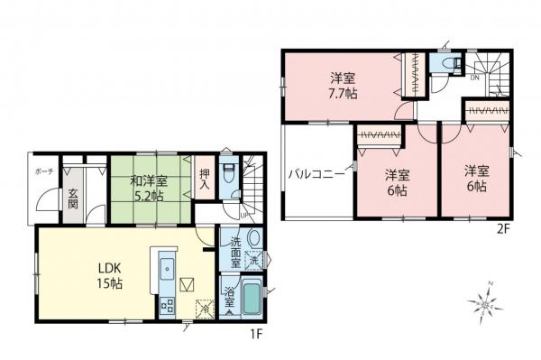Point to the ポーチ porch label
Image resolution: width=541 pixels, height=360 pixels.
(x=45, y=171)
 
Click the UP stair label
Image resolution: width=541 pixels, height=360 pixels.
(x=244, y=216)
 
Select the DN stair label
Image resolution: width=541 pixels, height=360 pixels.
(x=474, y=78)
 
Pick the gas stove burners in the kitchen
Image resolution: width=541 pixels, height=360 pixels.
(x=167, y=304)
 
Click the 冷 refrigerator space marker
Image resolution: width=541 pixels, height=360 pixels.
(x=205, y=309)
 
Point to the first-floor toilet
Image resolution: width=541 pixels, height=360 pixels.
(x=230, y=174)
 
